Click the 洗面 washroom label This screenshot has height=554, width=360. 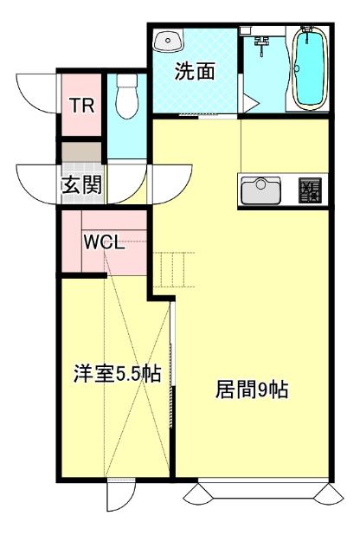pyautogui.click(x=195, y=73)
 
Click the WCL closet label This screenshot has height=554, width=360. pyautogui.click(x=104, y=242)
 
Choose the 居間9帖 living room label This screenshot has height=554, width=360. pyautogui.click(x=251, y=390)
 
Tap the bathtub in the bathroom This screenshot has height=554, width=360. pyautogui.click(x=307, y=69)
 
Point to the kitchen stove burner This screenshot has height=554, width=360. pyautogui.click(x=309, y=190)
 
